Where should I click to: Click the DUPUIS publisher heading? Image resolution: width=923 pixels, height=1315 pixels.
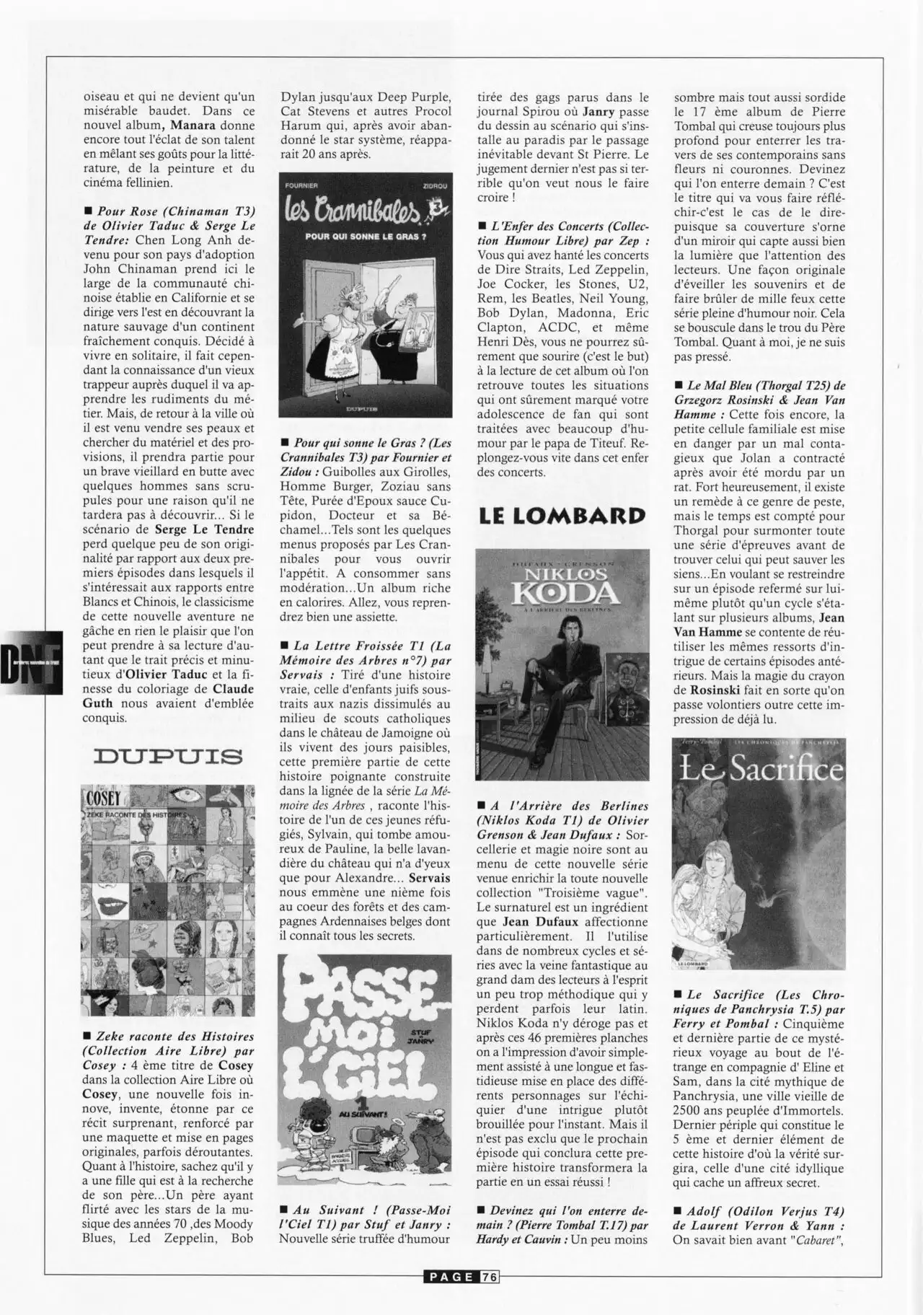pos(168,757)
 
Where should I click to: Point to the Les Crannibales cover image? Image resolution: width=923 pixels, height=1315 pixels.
pos(366,294)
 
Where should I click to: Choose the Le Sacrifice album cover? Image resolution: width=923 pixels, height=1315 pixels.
pos(759,853)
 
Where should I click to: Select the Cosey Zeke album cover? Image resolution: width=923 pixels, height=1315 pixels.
pos(168,900)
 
